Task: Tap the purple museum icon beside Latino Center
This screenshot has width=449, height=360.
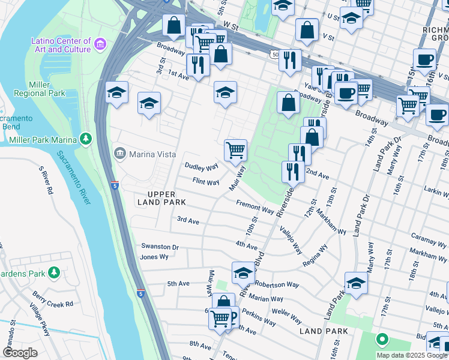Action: pyautogui.click(x=100, y=44)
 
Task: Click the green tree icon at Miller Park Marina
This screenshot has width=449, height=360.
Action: pyautogui.click(x=86, y=139)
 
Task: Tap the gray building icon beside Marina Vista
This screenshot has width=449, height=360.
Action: pyautogui.click(x=121, y=154)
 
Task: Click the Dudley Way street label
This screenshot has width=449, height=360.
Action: pyautogui.click(x=201, y=167)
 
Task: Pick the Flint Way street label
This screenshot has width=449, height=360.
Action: pyautogui.click(x=205, y=182)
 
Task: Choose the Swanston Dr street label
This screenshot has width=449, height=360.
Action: pyautogui.click(x=160, y=247)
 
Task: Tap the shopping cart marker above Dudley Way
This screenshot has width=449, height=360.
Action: pyautogui.click(x=235, y=150)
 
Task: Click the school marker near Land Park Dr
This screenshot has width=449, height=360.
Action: pyautogui.click(x=356, y=284)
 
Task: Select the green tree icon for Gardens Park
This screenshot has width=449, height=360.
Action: pyautogui.click(x=54, y=273)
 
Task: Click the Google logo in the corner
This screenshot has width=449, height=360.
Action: pyautogui.click(x=20, y=353)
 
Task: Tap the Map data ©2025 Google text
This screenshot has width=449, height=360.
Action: pyautogui.click(x=411, y=355)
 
